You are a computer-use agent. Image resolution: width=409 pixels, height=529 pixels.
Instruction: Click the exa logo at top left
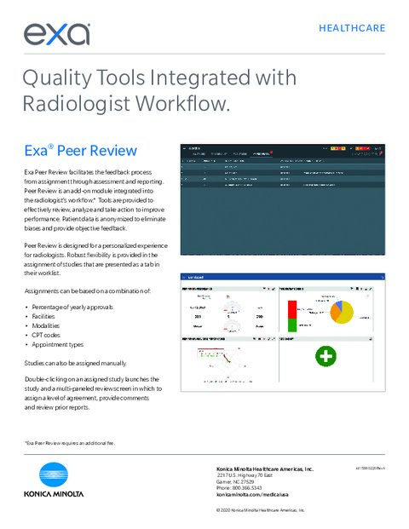pyautogui.click(x=57, y=33)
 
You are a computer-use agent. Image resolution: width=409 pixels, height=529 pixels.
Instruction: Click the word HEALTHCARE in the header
pyautogui.click(x=351, y=28)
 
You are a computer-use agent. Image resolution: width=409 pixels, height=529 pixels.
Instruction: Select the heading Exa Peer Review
pyautogui.click(x=80, y=151)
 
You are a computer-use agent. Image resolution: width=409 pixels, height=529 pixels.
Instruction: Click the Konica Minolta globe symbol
pyautogui.click(x=59, y=476)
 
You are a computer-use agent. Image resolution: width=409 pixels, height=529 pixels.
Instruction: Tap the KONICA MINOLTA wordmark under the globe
pyautogui.click(x=59, y=493)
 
